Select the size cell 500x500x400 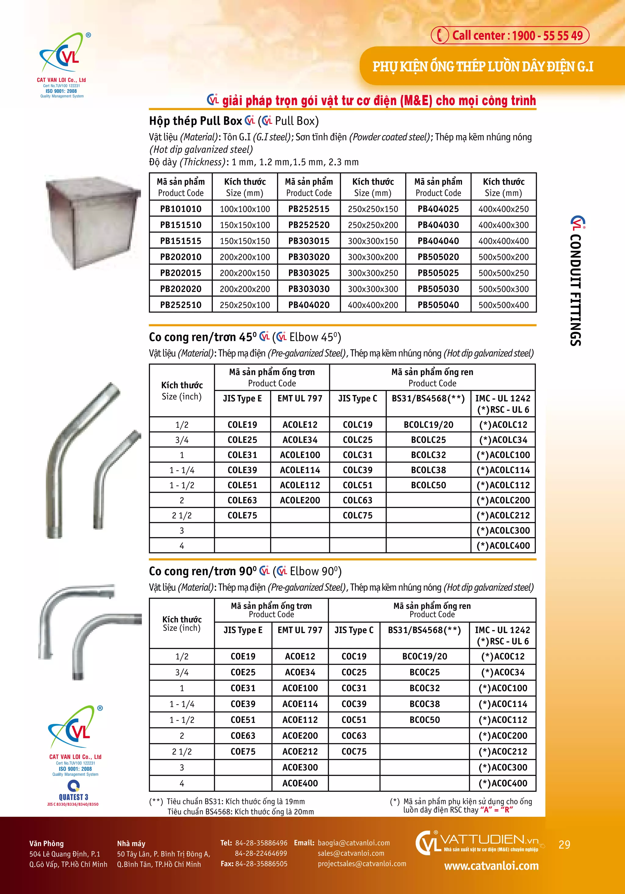(x=503, y=305)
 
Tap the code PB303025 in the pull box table (x=309, y=273)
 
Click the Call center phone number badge (x=510, y=35)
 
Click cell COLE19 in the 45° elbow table (x=242, y=425)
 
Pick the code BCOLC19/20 (x=428, y=425)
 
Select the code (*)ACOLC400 (x=503, y=546)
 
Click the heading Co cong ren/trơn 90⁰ (x=202, y=571)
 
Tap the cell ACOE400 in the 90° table (x=300, y=783)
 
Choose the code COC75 (x=354, y=751)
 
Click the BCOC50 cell (x=424, y=720)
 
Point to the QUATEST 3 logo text (x=74, y=797)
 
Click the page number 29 (x=564, y=845)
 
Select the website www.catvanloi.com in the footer (x=491, y=866)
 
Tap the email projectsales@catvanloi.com (x=362, y=864)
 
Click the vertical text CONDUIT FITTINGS (x=576, y=290)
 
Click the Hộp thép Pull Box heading (x=195, y=121)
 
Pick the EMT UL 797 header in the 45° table (x=300, y=398)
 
